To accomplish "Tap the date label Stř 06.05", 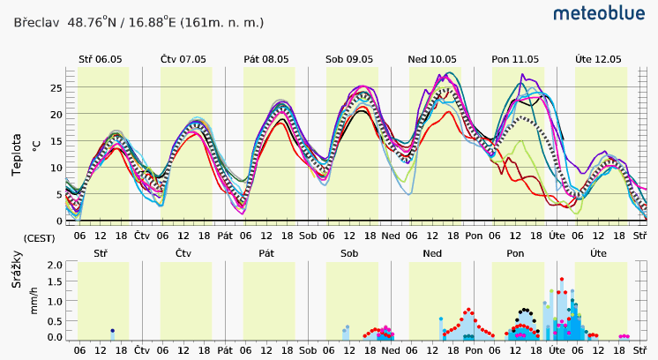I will [100, 59].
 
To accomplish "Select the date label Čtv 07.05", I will [183, 59].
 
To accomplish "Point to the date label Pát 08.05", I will [266, 59].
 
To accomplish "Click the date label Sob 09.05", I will [349, 59].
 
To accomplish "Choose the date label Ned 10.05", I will [432, 59].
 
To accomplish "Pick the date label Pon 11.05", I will [515, 59].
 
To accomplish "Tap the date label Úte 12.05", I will [598, 59].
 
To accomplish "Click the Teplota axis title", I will [17, 154].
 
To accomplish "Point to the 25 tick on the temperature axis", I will [56, 87].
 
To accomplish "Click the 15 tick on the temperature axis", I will [56, 141].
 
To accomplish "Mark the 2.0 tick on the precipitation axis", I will [55, 265].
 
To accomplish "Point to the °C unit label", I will [36, 143].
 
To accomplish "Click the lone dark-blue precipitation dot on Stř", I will [113, 331].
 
